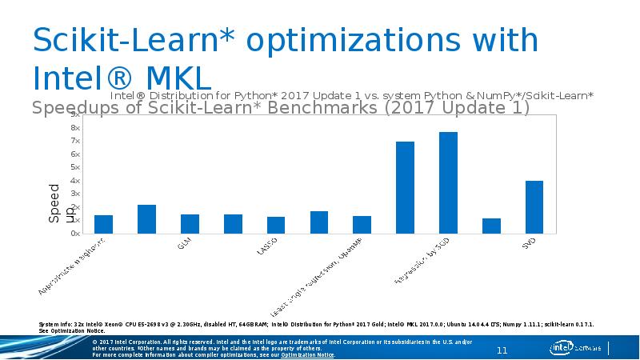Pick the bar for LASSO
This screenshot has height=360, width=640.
(x=276, y=225)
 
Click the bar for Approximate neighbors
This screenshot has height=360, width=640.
(x=103, y=224)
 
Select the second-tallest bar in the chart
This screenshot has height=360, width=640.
(x=405, y=187)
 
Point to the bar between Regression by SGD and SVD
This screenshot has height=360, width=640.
(x=491, y=226)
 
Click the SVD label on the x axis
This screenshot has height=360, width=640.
(x=529, y=243)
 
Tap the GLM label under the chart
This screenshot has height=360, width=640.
(x=184, y=243)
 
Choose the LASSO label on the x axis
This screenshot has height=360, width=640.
(x=267, y=245)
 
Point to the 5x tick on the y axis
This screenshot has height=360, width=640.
(x=74, y=167)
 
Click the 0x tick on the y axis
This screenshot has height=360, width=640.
(x=74, y=234)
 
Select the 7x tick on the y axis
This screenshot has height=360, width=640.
(x=74, y=141)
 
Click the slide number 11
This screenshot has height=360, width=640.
(x=503, y=350)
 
